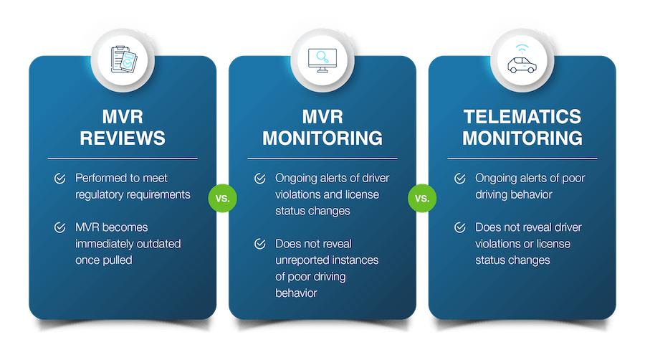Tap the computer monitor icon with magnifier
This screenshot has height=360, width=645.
pos(322,58)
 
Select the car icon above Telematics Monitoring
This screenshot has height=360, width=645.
pos(522,58)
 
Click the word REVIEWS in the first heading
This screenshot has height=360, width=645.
pos(123,137)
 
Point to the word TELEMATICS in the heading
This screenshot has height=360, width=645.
pos(522,116)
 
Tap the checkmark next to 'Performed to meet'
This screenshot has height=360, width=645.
pos(60,177)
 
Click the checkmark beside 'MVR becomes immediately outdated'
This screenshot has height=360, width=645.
pos(60,227)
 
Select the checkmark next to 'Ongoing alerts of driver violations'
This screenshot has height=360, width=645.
pos(260,178)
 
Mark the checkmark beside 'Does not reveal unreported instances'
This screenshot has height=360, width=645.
pos(260,244)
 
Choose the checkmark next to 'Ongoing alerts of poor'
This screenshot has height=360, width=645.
pos(460,178)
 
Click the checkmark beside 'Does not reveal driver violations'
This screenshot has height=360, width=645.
pos(460,227)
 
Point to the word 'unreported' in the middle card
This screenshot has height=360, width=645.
pos(304,260)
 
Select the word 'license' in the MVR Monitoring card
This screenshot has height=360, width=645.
pos(362,194)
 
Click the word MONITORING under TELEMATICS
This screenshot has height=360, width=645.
pos(522,137)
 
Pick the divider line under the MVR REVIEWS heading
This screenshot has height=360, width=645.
pos(123,158)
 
